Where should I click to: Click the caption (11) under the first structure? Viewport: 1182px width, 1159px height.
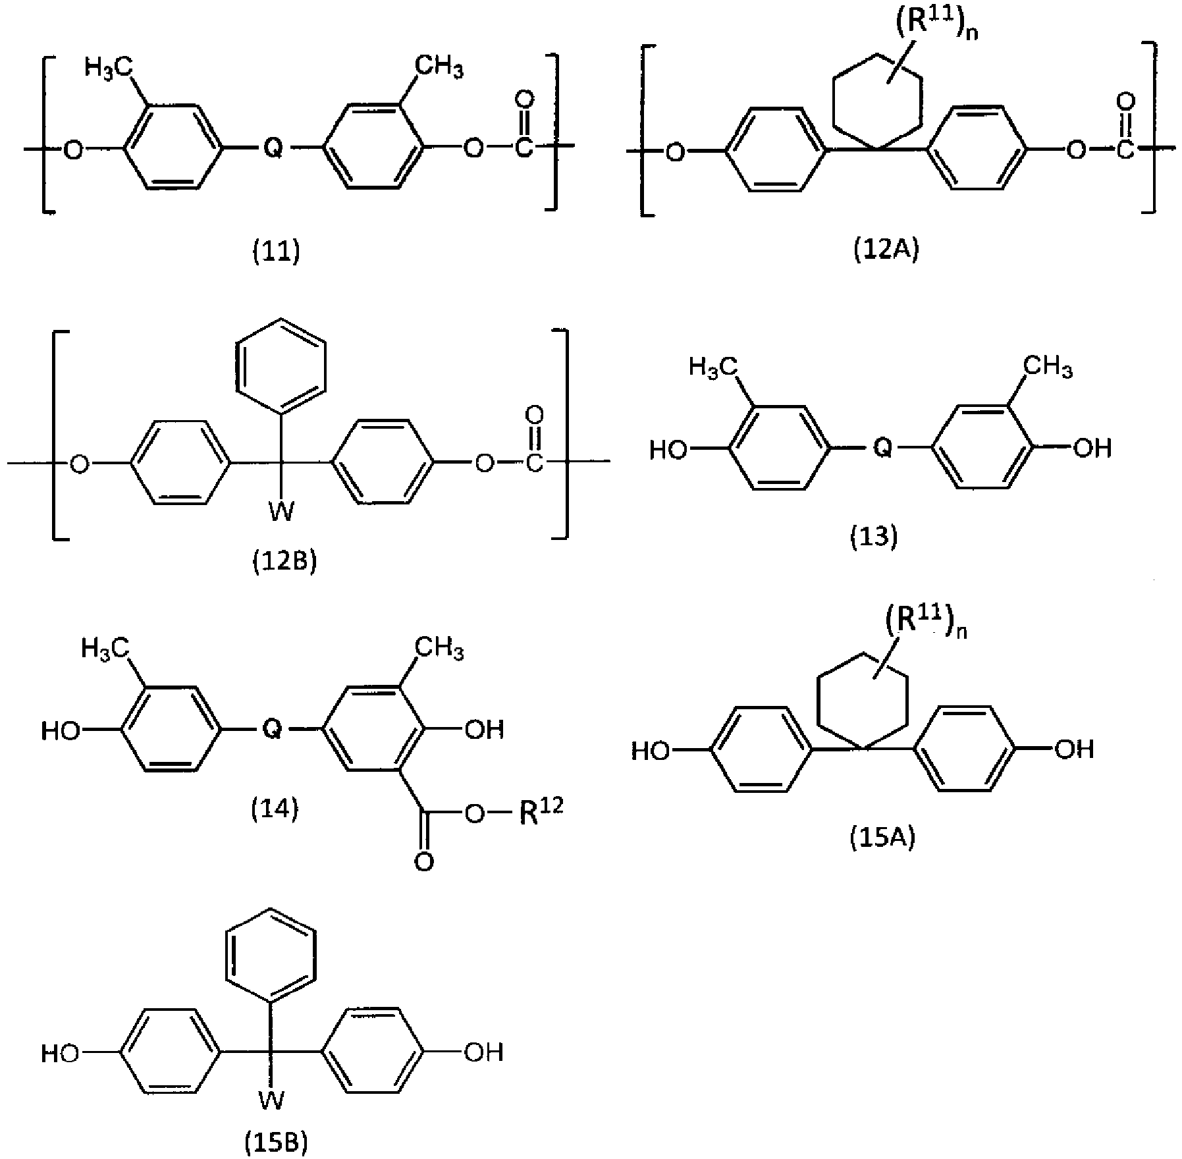click(277, 252)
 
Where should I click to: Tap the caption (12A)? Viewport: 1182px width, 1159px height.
click(885, 251)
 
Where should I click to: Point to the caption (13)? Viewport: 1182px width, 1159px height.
click(874, 537)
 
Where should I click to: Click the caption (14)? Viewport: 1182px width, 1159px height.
click(275, 809)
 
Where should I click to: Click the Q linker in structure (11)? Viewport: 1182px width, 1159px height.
click(272, 149)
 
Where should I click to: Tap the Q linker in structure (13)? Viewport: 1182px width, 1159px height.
click(882, 448)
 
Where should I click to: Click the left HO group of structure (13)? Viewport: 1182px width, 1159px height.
click(669, 450)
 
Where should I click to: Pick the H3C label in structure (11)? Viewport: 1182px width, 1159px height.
click(109, 68)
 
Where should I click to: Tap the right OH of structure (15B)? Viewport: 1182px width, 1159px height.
click(484, 1052)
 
